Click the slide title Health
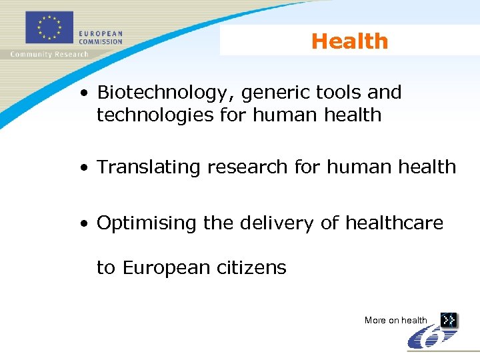pos(349,41)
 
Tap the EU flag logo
pos(49,29)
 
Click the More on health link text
pos(395,321)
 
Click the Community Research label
pos(49,55)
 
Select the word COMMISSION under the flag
pos(100,41)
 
